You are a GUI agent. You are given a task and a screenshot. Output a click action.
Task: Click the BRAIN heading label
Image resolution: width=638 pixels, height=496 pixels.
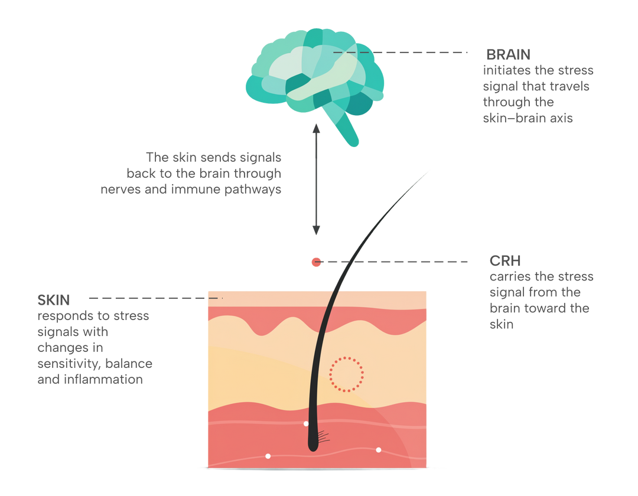click(508, 54)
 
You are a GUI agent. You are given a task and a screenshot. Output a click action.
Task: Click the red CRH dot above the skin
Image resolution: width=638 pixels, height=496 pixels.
click(316, 262)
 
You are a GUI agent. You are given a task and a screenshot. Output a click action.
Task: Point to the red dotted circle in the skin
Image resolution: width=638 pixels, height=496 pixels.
click(346, 374)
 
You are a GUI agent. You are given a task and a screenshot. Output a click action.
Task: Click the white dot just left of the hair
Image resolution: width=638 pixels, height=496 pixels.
click(305, 424)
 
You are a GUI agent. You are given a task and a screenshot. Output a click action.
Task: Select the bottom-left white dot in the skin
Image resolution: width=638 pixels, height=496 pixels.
click(268, 456)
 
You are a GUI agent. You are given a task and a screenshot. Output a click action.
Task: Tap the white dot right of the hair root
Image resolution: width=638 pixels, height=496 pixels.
click(378, 450)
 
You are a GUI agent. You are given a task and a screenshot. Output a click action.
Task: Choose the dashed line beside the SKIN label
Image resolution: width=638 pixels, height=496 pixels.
click(154, 298)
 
